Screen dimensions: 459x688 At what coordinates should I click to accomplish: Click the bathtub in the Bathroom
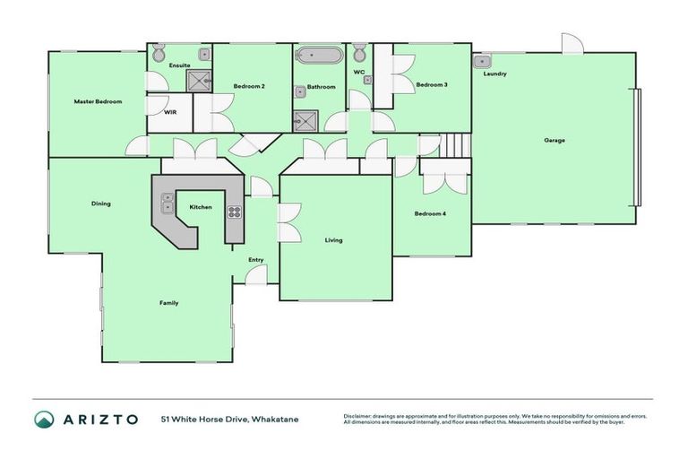click(x=319, y=55)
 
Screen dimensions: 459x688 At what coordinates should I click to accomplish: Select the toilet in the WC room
click(x=359, y=51)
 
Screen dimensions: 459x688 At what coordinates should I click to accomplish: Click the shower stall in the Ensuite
click(x=197, y=81)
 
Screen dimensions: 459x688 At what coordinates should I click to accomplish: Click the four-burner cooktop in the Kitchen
click(x=234, y=212)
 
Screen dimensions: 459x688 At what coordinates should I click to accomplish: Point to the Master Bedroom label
click(x=97, y=101)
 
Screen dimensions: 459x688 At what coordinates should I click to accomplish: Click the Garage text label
click(x=555, y=140)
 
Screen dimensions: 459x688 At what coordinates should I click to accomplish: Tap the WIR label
click(x=169, y=113)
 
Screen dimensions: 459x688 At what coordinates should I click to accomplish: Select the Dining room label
click(x=100, y=204)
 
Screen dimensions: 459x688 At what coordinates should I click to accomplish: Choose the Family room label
click(x=168, y=303)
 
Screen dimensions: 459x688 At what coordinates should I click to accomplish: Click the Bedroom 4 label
click(x=430, y=213)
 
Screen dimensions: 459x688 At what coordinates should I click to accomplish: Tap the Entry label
click(x=256, y=260)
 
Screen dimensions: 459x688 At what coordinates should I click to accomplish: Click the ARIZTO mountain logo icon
click(x=43, y=420)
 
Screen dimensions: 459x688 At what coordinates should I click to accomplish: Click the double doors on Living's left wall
click(x=287, y=222)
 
